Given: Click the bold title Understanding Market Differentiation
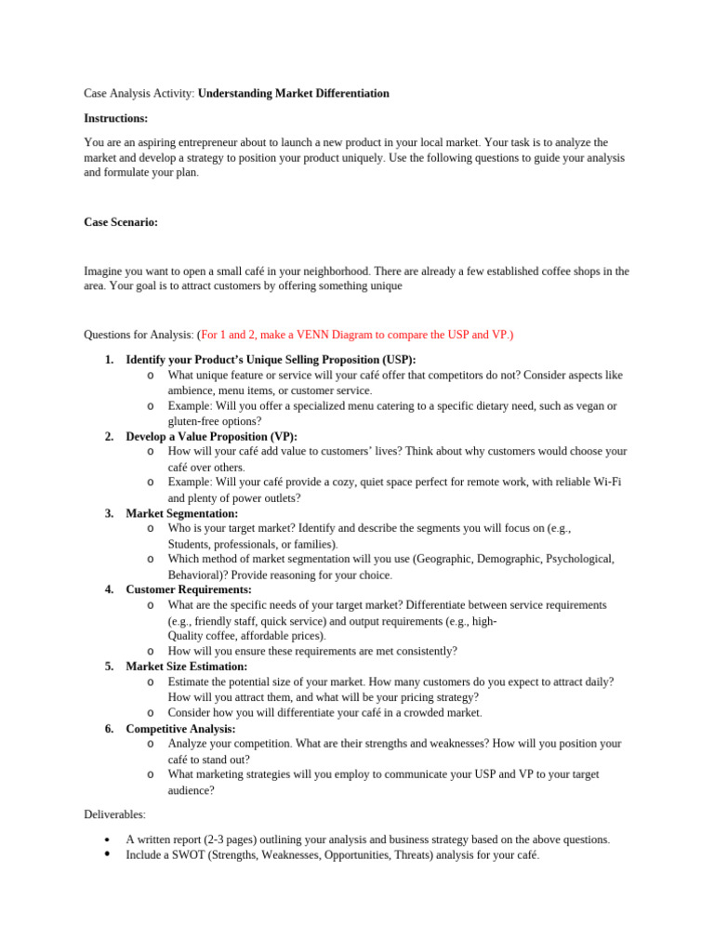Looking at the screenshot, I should pos(294,94).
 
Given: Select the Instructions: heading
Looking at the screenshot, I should pos(116,118).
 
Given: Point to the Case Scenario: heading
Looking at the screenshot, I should pos(121,222).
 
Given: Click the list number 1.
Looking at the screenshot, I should pos(109,360).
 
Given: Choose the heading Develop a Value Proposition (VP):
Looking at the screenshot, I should pos(212,436).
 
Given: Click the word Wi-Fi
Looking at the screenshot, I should pos(608,483).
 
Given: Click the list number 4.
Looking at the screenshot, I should pos(109,589).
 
